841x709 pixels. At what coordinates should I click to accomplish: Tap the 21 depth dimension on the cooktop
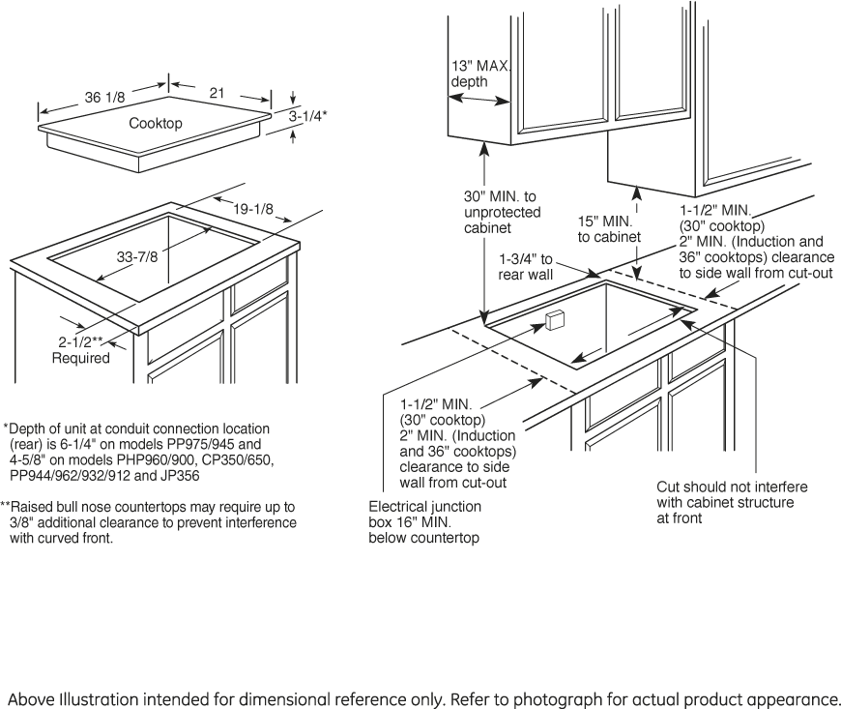tap(217, 92)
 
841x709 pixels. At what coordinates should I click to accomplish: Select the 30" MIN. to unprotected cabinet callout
tap(502, 212)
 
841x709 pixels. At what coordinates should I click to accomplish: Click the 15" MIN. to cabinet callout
tap(609, 229)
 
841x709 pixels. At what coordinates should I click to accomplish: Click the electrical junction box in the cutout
tap(555, 321)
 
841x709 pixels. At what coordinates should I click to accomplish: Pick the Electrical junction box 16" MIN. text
tap(424, 521)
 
